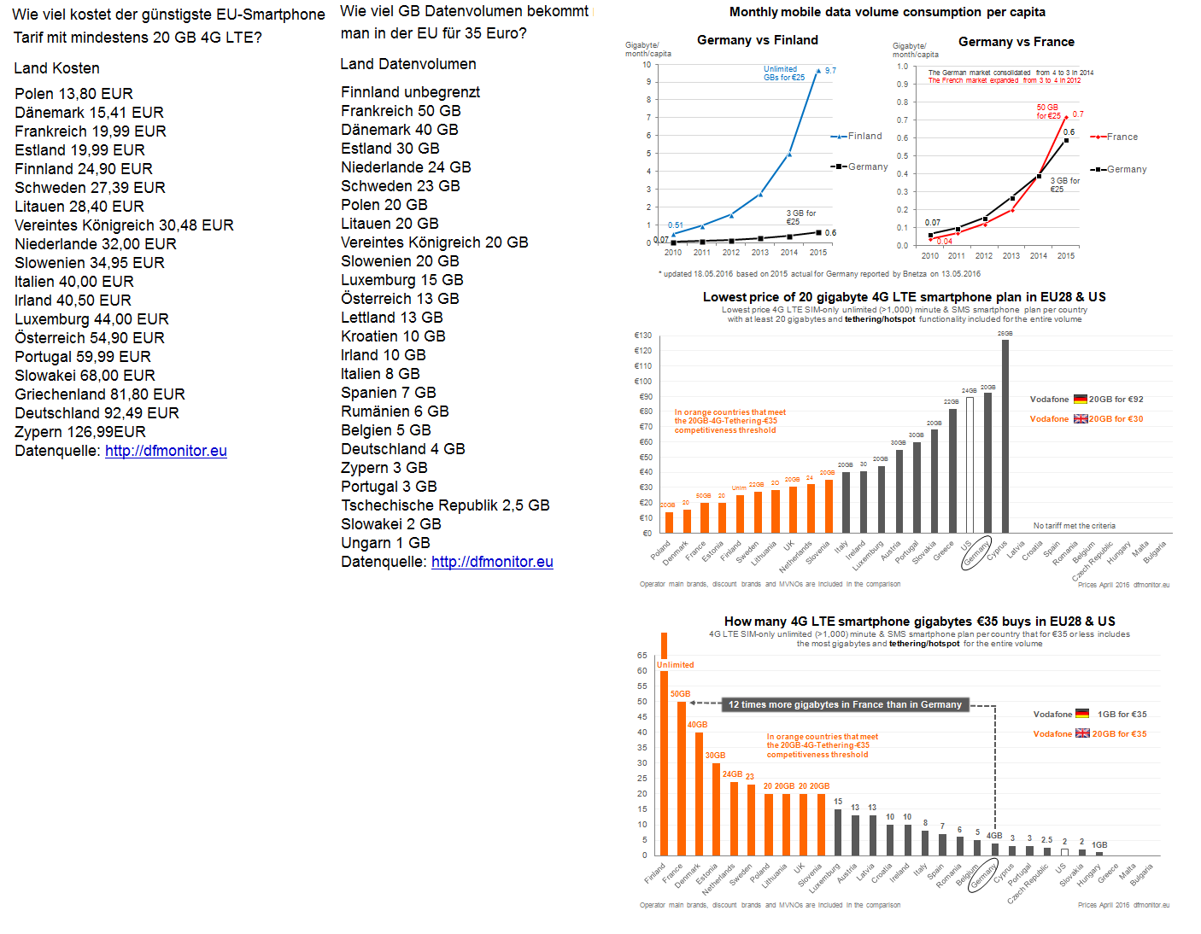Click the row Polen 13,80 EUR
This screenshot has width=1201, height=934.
pyautogui.click(x=73, y=94)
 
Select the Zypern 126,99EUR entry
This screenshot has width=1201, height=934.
pyautogui.click(x=80, y=432)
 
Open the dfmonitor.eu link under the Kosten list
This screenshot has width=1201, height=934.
pyautogui.click(x=166, y=451)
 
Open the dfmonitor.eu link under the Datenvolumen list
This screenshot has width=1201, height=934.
pyautogui.click(x=492, y=562)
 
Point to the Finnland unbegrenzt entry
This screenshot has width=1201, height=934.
pyautogui.click(x=410, y=92)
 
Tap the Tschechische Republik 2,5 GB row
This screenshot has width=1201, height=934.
pyautogui.click(x=445, y=505)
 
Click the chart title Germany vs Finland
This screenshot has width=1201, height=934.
pyautogui.click(x=757, y=40)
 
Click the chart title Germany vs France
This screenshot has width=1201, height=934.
pyautogui.click(x=1016, y=42)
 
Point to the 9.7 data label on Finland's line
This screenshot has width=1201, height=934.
pyautogui.click(x=830, y=71)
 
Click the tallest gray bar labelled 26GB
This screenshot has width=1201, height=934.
pyautogui.click(x=1005, y=435)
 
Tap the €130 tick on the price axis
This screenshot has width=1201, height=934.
pyautogui.click(x=642, y=336)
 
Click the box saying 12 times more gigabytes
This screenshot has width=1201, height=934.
pyautogui.click(x=845, y=705)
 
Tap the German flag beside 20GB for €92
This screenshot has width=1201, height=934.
pyautogui.click(x=1081, y=399)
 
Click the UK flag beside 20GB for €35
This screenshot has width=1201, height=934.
pyautogui.click(x=1082, y=733)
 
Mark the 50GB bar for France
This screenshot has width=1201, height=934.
pyautogui.click(x=682, y=777)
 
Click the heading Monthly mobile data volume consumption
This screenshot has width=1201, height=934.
pyautogui.click(x=887, y=12)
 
